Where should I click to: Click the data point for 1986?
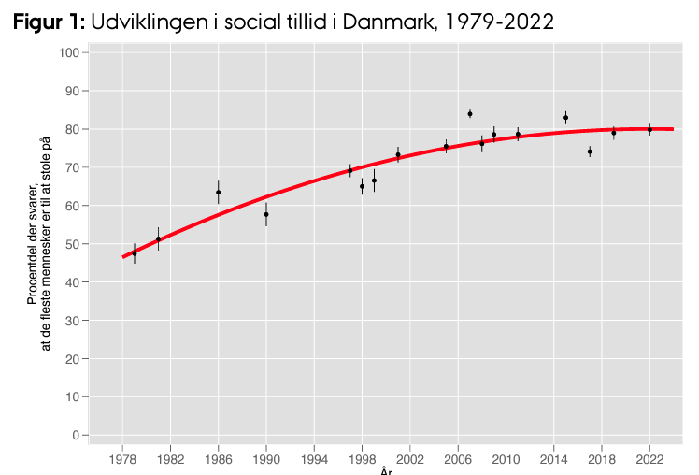[218, 193]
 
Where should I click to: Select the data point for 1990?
[266, 214]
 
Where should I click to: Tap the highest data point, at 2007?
[470, 114]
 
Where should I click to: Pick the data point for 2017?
[590, 151]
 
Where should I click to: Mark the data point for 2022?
[649, 130]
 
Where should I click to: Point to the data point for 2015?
[565, 118]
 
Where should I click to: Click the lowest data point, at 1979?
[135, 253]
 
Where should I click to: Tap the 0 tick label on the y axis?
[73, 435]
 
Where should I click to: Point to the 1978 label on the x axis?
[122, 460]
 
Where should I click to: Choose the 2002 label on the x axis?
[410, 460]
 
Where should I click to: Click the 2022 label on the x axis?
[649, 460]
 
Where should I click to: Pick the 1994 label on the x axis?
[314, 460]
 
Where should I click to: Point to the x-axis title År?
[386, 470]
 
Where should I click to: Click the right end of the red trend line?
[673, 129]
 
